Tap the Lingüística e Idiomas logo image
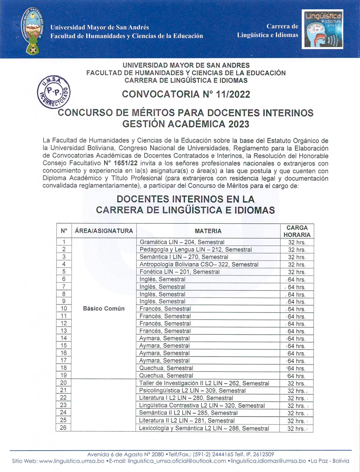323,29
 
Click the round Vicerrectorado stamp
54,92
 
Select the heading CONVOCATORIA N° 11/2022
186,94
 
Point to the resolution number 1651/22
126,163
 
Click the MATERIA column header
208,231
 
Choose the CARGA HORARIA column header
297,231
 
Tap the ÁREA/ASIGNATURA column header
104,231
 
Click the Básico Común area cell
104,308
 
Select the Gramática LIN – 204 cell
182,242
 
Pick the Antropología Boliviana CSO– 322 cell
199,264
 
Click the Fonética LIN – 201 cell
179,272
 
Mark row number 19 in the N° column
64,375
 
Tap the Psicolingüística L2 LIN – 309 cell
192,391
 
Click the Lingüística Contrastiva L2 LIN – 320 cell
202,405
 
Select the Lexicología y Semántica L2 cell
204,428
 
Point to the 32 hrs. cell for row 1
297,242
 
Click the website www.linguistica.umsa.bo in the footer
72,461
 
